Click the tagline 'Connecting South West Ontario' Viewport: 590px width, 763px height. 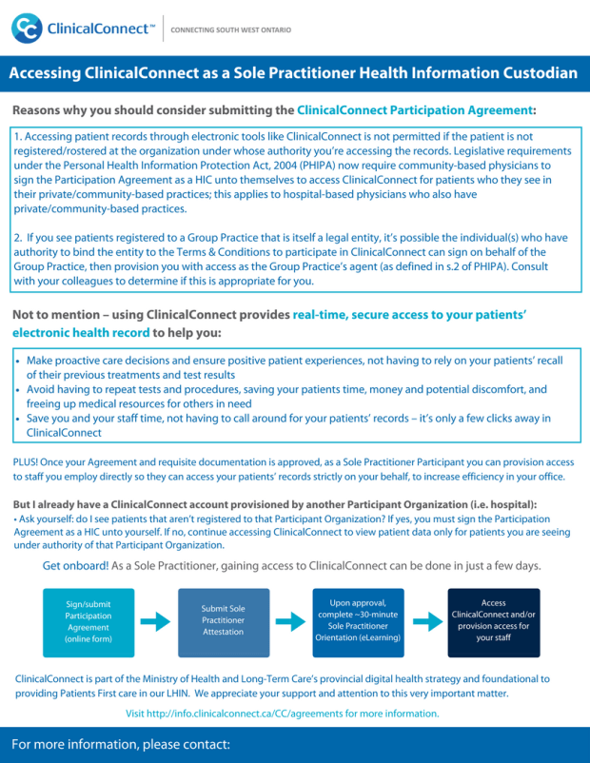pos(230,29)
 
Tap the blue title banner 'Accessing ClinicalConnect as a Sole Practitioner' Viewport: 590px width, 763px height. pos(294,73)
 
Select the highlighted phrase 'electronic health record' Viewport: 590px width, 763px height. pos(81,333)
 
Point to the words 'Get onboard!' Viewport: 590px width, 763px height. pos(75,565)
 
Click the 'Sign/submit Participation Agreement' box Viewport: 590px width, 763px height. pos(88,622)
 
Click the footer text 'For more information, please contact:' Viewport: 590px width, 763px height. pos(121,744)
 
